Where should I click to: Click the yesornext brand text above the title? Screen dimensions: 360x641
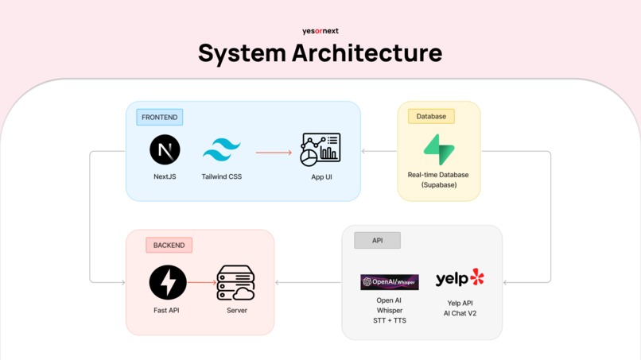pos(320,31)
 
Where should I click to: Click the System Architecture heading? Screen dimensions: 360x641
pos(320,53)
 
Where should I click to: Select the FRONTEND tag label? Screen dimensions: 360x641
pos(159,118)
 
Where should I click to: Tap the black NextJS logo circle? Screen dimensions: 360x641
pos(165,149)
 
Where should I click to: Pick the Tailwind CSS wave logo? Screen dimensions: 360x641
pos(222,149)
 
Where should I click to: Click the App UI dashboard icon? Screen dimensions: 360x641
pos(320,149)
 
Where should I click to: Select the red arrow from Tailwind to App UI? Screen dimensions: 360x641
pos(274,153)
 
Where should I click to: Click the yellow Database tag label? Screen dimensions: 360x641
pos(431,117)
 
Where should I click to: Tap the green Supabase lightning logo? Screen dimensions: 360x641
pos(438,149)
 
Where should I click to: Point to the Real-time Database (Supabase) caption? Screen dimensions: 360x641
pos(438,180)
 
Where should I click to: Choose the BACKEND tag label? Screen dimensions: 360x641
pos(169,246)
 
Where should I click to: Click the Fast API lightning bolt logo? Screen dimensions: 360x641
pos(168,283)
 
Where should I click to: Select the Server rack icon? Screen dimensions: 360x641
pos(236,283)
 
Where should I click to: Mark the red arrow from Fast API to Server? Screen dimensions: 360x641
pos(202,283)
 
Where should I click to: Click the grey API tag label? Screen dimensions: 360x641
pos(377,241)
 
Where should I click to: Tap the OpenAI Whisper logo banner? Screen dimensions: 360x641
pos(390,282)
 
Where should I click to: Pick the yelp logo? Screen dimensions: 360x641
pos(460,278)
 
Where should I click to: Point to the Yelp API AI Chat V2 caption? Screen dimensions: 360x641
pos(459,308)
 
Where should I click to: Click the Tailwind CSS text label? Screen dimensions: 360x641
pos(222,176)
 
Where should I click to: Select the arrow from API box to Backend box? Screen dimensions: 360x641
pos(308,283)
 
